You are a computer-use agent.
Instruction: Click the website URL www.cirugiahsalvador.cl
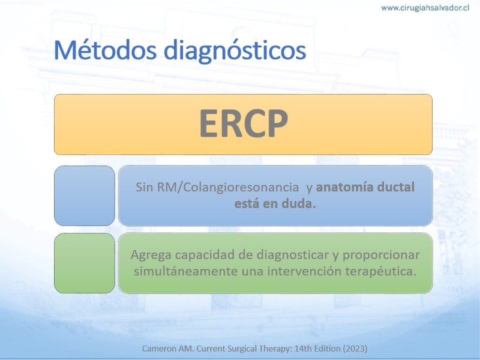(425, 8)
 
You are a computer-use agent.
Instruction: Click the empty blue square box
(85, 196)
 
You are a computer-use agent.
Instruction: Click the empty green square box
(85, 263)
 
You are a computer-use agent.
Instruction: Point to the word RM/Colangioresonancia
(228, 187)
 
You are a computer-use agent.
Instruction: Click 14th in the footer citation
(302, 349)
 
